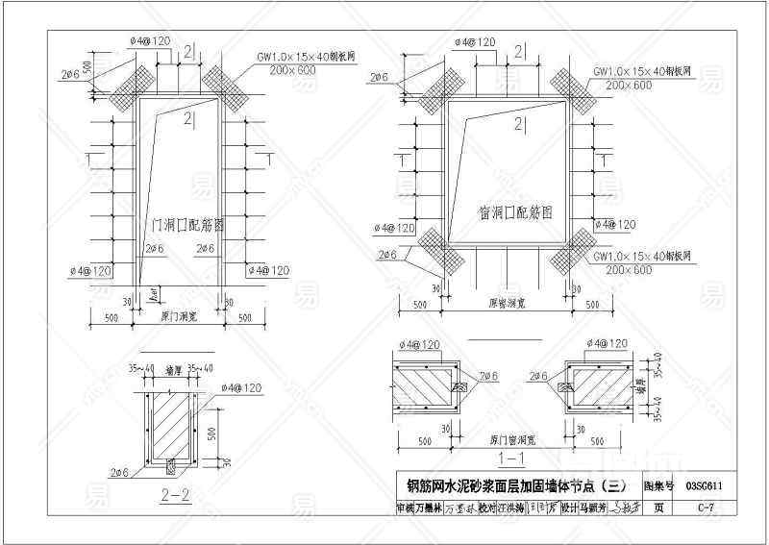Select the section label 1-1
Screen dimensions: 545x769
[x=513, y=458]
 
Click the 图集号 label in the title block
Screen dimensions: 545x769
[x=659, y=486]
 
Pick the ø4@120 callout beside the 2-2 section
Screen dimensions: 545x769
[x=241, y=387]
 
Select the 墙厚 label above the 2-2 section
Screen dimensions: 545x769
[x=174, y=368]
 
